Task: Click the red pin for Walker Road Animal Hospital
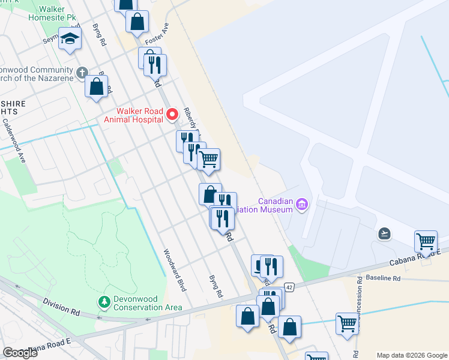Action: tap(172, 113)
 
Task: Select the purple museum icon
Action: tap(302, 206)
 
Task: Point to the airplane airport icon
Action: tap(385, 233)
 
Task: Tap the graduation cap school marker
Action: tap(70, 39)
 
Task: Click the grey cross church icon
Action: tap(82, 73)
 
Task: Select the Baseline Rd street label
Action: tap(382, 278)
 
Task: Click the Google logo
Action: tap(20, 353)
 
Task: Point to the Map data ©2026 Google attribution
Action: tap(411, 355)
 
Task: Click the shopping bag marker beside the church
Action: tap(96, 86)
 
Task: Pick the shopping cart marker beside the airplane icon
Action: tap(426, 242)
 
